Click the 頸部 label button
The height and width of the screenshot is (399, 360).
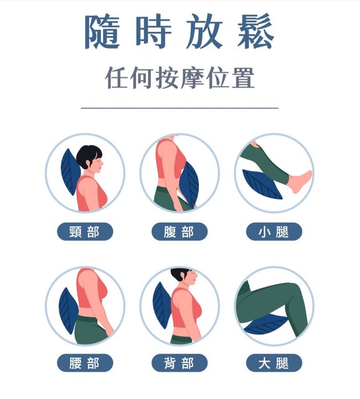point(85,231)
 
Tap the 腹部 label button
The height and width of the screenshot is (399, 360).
point(180,231)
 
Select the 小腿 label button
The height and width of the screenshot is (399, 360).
point(274,231)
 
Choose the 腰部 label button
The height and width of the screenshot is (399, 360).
point(85,363)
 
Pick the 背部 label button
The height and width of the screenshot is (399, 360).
point(180,363)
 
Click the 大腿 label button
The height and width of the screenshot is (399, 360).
point(274,363)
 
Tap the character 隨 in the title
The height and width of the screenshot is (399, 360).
point(102,31)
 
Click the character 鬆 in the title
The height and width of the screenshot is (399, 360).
point(256,31)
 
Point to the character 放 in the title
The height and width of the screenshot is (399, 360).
point(205,31)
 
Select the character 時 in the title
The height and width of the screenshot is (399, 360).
point(153,31)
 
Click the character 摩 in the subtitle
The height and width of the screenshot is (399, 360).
point(193,77)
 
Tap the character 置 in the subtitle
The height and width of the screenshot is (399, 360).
point(243,77)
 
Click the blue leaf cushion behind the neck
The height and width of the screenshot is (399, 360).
point(70,172)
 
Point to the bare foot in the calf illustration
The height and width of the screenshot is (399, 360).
point(301,181)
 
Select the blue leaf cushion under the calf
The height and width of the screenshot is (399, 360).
point(261,184)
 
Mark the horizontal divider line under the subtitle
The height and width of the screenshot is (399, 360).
point(180,108)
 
